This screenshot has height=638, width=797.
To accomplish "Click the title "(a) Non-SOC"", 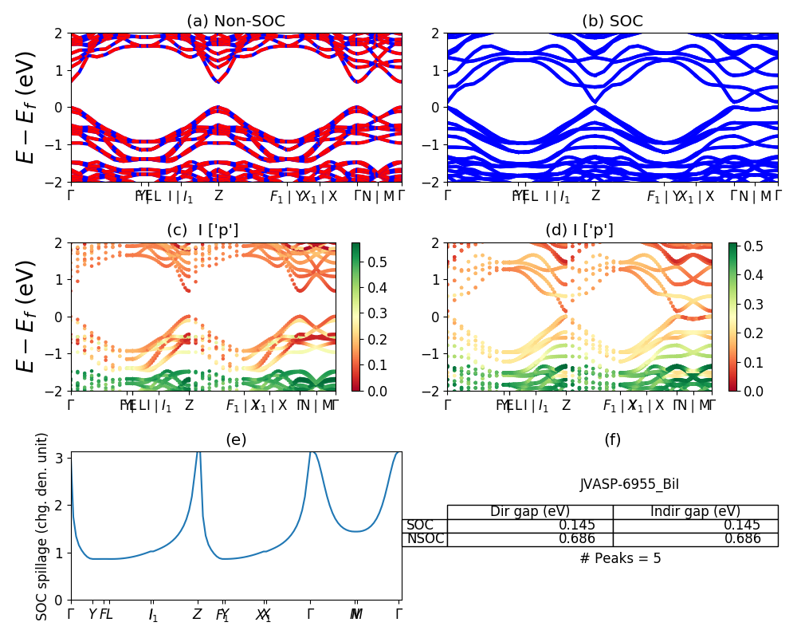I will coord(236,22).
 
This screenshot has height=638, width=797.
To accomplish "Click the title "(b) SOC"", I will coord(612,22).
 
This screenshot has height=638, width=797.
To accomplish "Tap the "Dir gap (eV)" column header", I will coord(529,512).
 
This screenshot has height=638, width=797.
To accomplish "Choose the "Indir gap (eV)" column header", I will coord(695,512).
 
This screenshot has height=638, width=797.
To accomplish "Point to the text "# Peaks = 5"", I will coord(620,558).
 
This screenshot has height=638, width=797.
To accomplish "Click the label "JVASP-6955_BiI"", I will coord(629,484).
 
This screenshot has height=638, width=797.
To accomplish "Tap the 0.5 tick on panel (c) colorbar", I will coord(369,262).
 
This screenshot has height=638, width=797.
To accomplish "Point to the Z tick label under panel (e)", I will coord(197,614).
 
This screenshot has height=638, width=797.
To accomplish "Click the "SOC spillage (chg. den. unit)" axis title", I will coord(42,526).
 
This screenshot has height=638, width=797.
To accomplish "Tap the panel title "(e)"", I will coord(236,439).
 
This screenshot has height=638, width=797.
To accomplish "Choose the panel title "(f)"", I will coord(612,439).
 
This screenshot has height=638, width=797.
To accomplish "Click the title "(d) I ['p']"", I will coord(579,230).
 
